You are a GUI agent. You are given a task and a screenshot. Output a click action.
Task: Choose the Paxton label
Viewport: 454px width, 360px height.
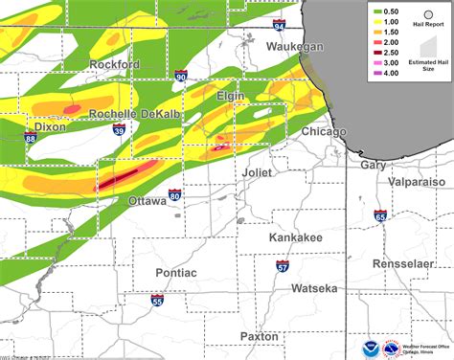pyautogui.click(x=260, y=336)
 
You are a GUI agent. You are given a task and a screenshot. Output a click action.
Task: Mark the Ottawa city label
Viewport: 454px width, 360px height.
pyautogui.click(x=149, y=201)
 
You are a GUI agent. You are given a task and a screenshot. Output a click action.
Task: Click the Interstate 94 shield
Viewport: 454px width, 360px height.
pyautogui.click(x=278, y=23)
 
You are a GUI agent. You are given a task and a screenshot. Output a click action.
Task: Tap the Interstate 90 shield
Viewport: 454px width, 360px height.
pyautogui.click(x=181, y=75)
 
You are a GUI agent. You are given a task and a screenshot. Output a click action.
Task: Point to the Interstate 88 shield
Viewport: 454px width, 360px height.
pyautogui.click(x=32, y=139)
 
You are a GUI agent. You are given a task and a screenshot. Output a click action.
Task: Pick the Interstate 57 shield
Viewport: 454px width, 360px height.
pyautogui.click(x=283, y=265)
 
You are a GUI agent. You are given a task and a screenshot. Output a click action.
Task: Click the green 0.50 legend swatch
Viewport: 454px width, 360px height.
pyautogui.click(x=380, y=11)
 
